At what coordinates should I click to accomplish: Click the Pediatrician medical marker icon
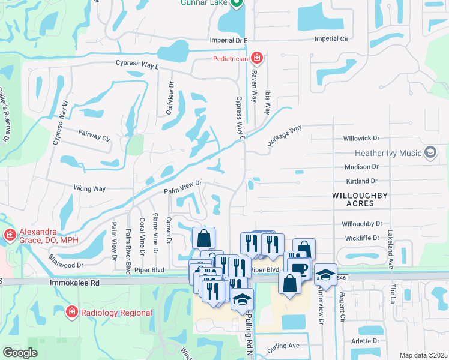[x=257, y=58]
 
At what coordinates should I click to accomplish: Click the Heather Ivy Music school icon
[x=430, y=153]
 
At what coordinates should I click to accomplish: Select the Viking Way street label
[x=89, y=189]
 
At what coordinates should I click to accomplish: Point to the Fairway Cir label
[x=95, y=134]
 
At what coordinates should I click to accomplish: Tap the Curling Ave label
[x=284, y=346]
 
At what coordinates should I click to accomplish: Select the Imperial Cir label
[x=332, y=39]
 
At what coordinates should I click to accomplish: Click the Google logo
[x=20, y=353]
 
